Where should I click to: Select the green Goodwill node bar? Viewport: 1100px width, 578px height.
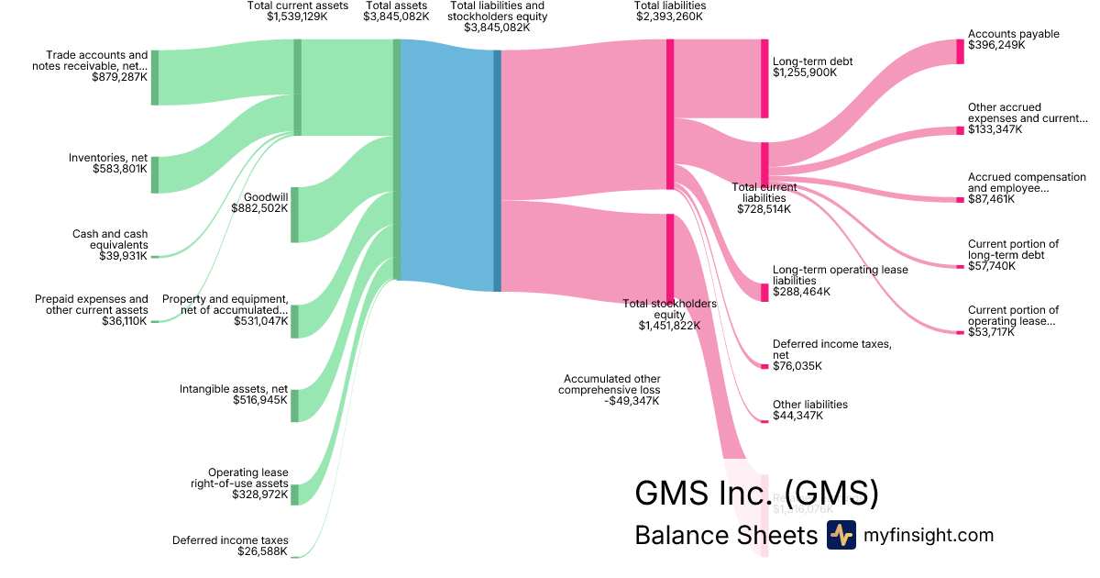click(x=294, y=215)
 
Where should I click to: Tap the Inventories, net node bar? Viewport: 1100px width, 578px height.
click(x=154, y=174)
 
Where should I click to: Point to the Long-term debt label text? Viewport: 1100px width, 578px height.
click(x=812, y=61)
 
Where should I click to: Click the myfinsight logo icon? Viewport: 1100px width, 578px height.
click(x=841, y=535)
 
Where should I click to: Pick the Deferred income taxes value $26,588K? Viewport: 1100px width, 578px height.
click(x=263, y=551)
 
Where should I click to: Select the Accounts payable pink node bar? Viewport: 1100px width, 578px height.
click(x=960, y=51)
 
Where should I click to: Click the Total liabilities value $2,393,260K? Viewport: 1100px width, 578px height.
click(x=669, y=17)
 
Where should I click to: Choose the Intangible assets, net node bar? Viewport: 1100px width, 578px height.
click(x=294, y=406)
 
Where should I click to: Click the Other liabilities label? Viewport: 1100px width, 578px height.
click(x=810, y=405)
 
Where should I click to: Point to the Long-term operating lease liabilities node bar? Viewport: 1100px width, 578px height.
click(x=764, y=293)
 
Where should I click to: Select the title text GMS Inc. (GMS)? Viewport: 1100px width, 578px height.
click(x=756, y=494)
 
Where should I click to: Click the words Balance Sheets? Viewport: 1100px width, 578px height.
click(x=725, y=535)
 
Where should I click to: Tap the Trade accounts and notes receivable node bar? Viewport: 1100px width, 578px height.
click(x=154, y=78)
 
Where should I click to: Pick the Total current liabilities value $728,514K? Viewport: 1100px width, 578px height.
click(x=764, y=209)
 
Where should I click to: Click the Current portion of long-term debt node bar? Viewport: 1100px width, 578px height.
click(x=960, y=267)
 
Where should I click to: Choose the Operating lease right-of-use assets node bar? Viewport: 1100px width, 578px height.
click(x=294, y=495)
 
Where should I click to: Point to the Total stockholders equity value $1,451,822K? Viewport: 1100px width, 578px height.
click(x=669, y=325)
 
